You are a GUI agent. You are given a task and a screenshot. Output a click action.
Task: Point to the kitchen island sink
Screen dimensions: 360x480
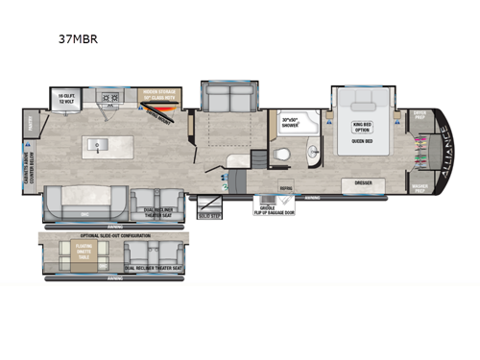(x=96, y=146)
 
